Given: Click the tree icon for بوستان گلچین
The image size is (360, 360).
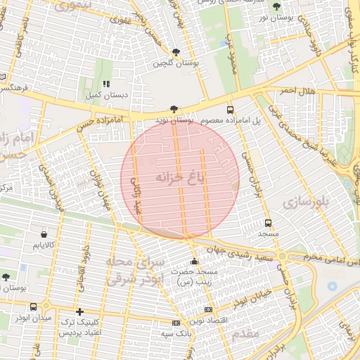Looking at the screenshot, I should (175, 52).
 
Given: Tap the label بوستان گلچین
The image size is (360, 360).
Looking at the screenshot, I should (176, 63).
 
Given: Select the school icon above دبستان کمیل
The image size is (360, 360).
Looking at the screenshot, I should (105, 84).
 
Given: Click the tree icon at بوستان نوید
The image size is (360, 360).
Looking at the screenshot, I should (174, 109).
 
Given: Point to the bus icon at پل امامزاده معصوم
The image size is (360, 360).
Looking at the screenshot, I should (230, 110).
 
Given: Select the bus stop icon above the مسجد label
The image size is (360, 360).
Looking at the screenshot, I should (268, 223).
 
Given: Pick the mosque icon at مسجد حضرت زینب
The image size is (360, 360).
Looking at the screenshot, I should (195, 262).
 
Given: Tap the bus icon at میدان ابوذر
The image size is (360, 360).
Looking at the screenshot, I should (34, 307).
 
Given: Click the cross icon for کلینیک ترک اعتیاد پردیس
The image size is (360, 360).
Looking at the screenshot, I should (79, 311).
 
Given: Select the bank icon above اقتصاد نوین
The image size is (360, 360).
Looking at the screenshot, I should (207, 309).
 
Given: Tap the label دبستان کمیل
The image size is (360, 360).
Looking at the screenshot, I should (106, 94).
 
